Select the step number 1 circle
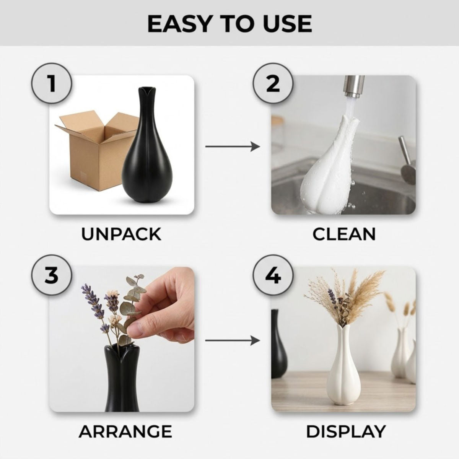click(51, 83)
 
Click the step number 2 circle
click(273, 83)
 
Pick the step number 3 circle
click(51, 275)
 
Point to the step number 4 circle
click(273, 275)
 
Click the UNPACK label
click(121, 234)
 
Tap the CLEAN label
click(344, 234)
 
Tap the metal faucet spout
click(354, 87)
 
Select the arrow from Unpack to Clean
click(233, 146)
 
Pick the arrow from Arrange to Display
click(233, 341)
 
